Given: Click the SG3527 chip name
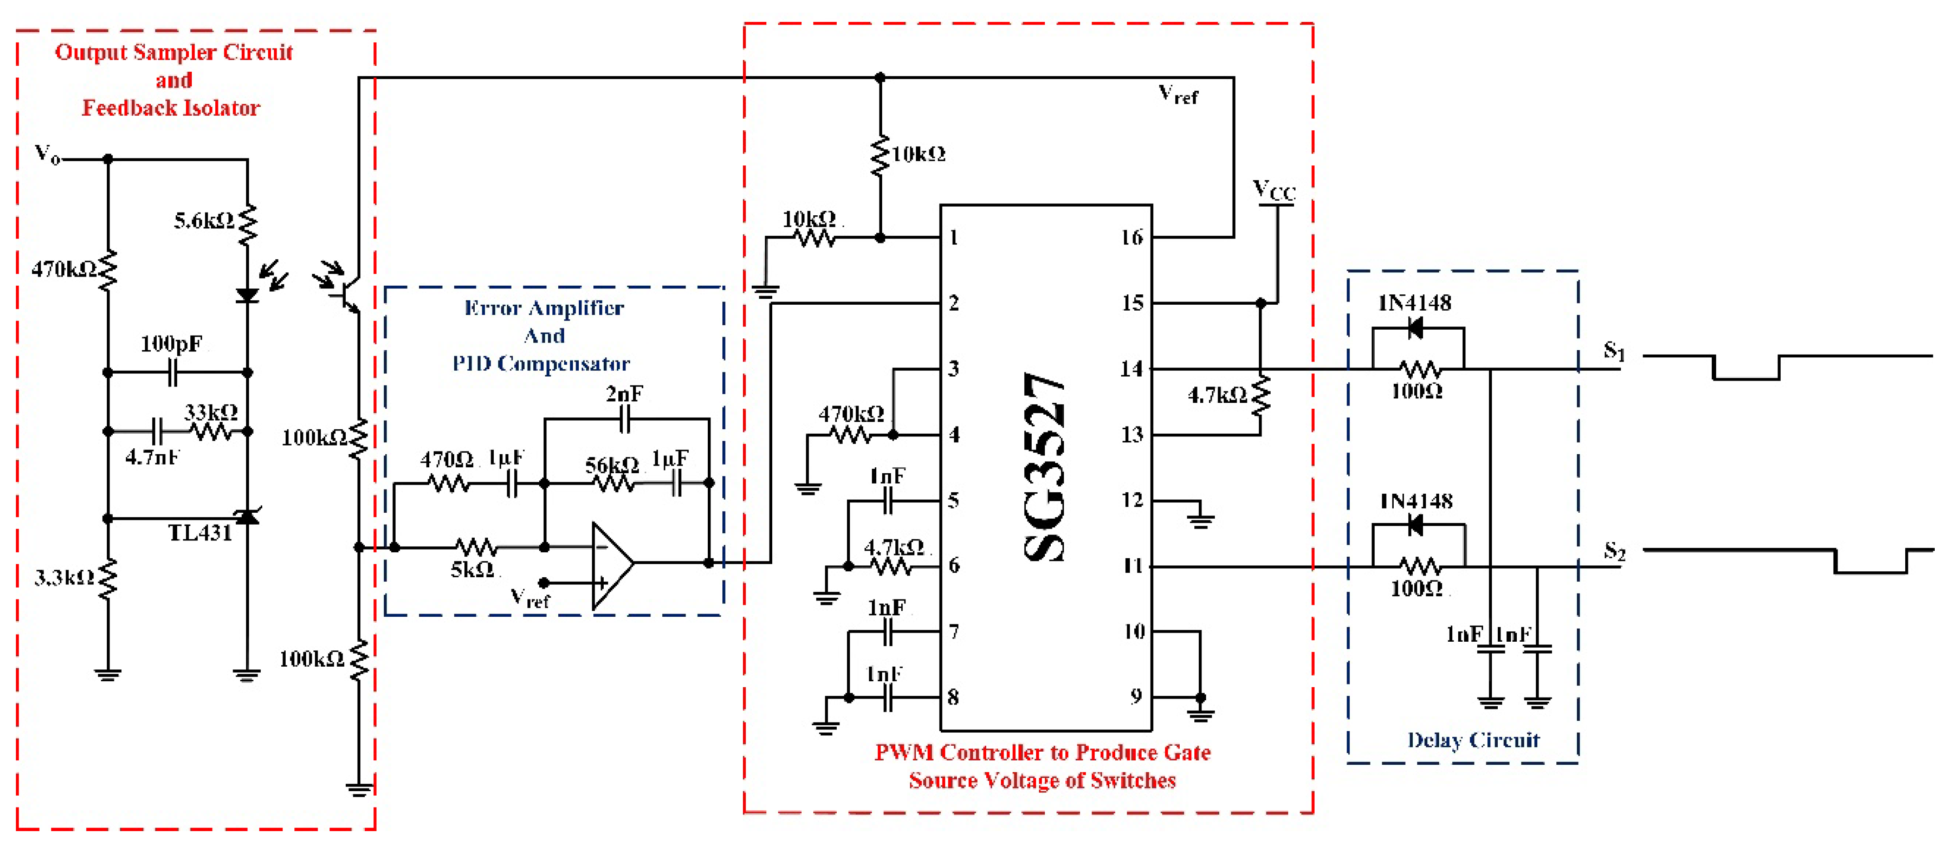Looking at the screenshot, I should [1044, 466].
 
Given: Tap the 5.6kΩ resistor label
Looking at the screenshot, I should [204, 220].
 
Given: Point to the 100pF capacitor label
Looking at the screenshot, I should [172, 344].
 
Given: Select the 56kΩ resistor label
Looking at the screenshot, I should [611, 464].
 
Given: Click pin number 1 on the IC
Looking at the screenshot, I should [954, 238].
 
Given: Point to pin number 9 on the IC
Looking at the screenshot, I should [1135, 696].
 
